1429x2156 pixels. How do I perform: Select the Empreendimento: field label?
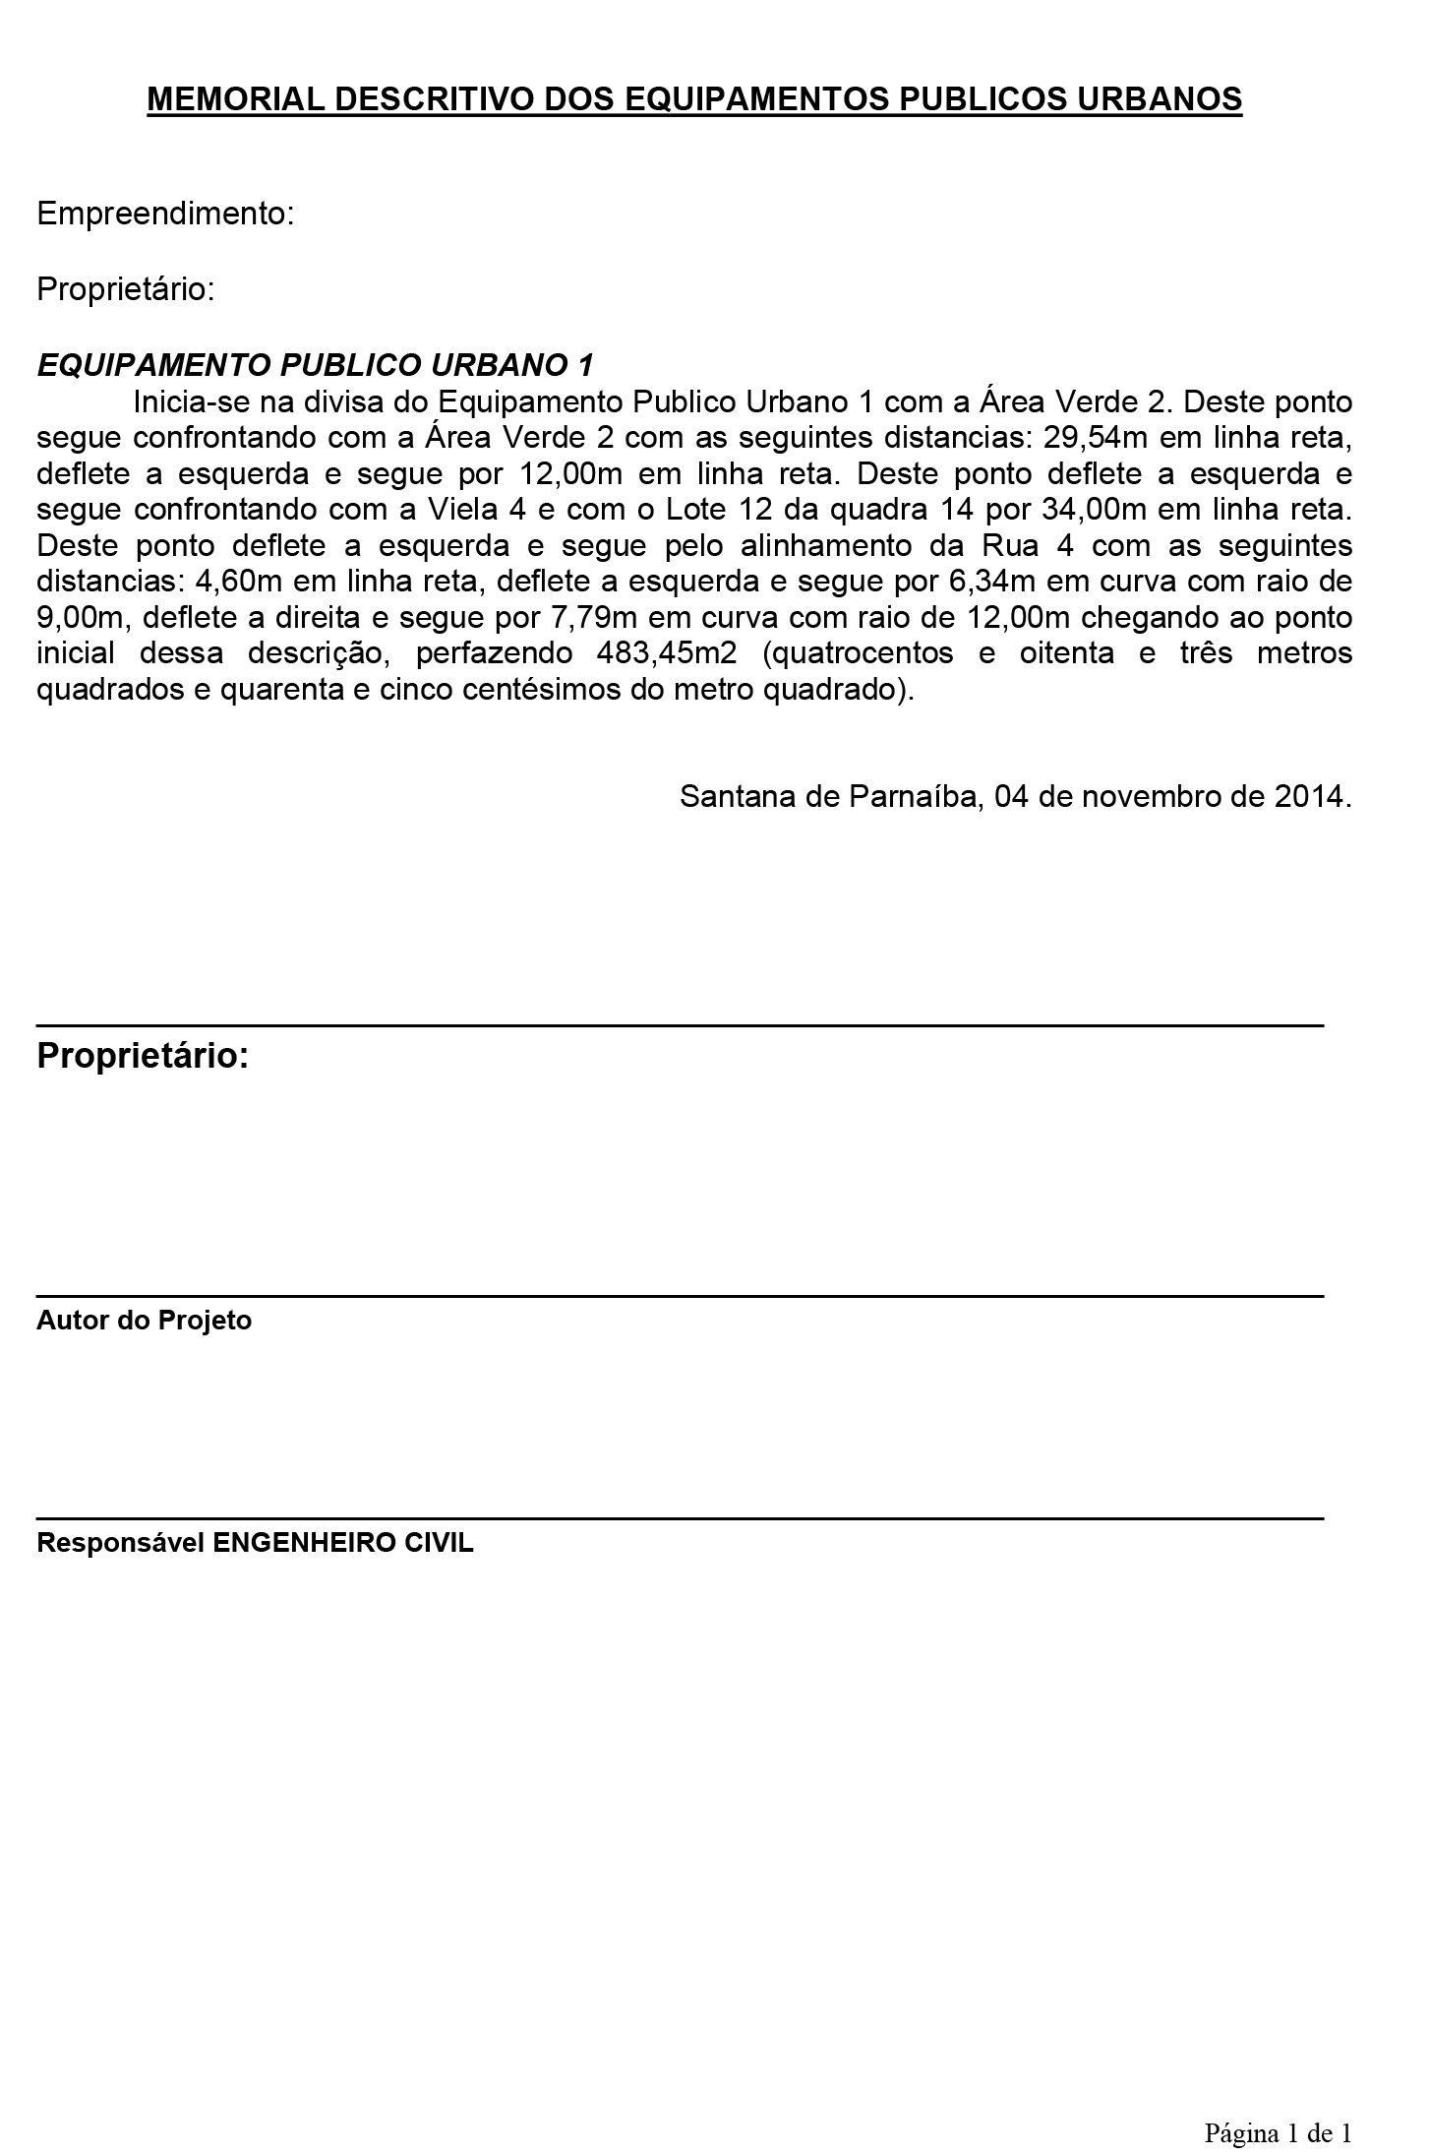click(x=165, y=214)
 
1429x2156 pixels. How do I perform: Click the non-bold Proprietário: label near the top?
click(x=125, y=289)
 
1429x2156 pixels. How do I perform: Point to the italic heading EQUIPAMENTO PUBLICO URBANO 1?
click(x=315, y=365)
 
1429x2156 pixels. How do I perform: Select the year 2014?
click(x=1312, y=795)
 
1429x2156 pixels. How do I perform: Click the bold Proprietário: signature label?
click(x=143, y=1057)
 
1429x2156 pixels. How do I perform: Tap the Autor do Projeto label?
click(x=144, y=1321)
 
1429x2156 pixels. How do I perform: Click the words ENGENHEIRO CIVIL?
click(x=343, y=1543)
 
